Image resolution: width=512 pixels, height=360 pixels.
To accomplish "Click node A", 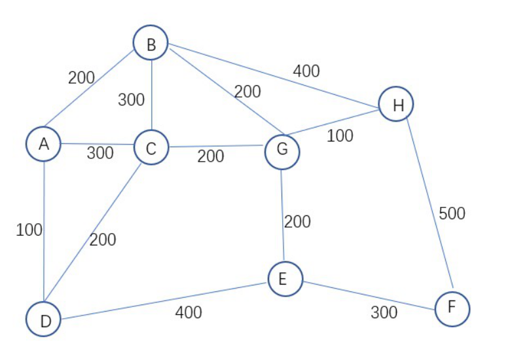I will pos(43,143).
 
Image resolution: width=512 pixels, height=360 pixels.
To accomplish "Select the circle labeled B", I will pos(151,43).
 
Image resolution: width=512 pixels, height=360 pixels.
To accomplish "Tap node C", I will pos(151,148).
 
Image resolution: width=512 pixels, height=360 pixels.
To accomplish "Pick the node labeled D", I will pos(43,319).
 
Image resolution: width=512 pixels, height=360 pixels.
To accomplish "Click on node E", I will pos(285,278).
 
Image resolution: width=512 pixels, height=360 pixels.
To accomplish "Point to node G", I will pos(282,151).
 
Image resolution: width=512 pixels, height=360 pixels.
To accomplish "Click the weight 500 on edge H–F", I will pos(452,213).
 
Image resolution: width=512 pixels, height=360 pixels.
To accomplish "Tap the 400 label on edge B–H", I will pos(306,71).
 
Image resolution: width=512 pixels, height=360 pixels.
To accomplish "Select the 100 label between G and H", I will pos(340,135).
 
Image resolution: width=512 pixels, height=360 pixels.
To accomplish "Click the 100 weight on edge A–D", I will pos(29,230).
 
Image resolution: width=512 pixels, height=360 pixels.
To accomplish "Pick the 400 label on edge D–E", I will pos(189,312).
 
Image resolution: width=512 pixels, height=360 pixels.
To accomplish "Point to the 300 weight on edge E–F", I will pos(384,312).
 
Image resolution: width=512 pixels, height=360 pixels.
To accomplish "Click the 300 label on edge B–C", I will pos(132,100).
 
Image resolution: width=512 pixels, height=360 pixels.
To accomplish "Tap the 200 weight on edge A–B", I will pos(81,77).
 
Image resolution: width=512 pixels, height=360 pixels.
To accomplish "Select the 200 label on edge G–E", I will pos(297,221).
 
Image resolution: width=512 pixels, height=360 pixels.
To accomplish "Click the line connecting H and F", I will pos(429,203).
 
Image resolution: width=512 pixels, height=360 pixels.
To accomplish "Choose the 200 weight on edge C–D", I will pos(103,240).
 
